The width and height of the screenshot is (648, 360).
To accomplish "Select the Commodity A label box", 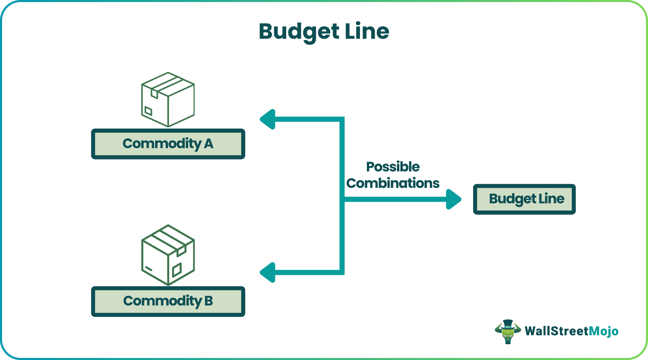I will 168,144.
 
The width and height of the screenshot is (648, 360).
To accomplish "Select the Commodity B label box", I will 168,301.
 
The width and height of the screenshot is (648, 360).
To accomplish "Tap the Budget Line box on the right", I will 524,199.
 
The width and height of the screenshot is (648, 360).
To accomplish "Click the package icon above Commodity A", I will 168,99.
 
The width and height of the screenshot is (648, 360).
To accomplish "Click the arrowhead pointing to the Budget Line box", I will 453,199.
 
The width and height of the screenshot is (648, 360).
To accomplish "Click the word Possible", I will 393,167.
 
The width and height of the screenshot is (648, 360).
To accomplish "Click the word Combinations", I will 393,183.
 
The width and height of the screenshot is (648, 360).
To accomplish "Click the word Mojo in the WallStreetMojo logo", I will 603,331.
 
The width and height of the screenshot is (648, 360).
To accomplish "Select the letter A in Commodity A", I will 208,144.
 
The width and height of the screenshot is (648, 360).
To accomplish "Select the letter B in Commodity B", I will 208,301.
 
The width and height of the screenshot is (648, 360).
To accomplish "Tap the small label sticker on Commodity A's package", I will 148,111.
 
